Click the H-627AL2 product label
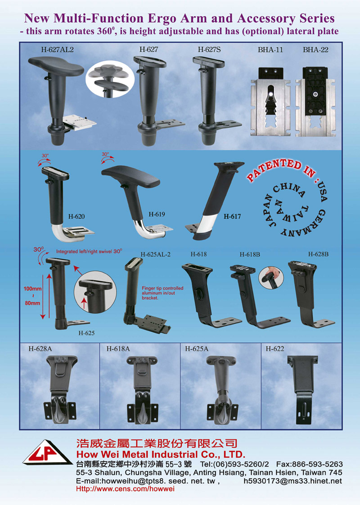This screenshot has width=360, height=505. (x=57, y=50)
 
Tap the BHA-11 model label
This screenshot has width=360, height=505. (x=270, y=50)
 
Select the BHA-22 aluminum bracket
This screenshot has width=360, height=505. (x=315, y=102)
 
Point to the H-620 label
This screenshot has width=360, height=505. (x=76, y=216)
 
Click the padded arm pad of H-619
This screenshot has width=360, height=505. (x=131, y=176)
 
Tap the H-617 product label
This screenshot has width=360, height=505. (x=232, y=216)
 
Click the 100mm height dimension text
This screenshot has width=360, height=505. (x=32, y=289)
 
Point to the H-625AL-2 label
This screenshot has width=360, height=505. (x=156, y=254)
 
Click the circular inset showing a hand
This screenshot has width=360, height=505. (x=271, y=277)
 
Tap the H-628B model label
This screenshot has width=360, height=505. (x=318, y=254)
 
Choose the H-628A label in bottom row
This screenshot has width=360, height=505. (x=40, y=349)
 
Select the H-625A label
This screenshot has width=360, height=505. (x=197, y=349)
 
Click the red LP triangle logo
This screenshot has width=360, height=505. (x=47, y=452)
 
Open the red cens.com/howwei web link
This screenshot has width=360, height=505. (x=125, y=489)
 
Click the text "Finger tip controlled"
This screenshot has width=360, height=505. (x=162, y=288)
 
